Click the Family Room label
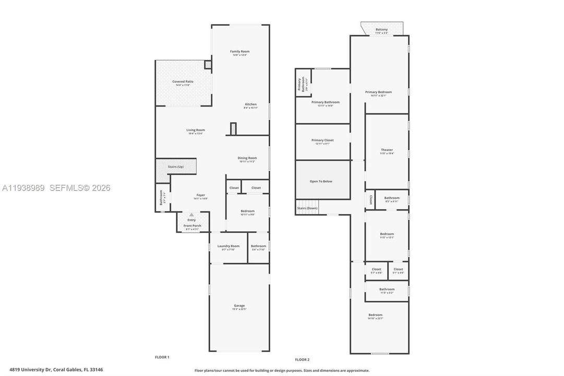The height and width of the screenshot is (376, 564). point(240,51)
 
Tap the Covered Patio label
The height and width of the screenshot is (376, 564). point(183,82)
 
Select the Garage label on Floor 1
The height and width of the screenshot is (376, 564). point(239,305)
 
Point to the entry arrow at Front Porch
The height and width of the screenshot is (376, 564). point(191,215)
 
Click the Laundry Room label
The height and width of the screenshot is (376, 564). point(228,246)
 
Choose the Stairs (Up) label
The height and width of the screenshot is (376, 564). point(175,167)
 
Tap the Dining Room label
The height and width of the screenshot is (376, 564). point(248,158)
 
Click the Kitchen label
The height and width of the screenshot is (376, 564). point(250,104)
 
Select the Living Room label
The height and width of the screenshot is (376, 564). point(196,130)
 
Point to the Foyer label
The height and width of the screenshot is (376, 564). point(200,195)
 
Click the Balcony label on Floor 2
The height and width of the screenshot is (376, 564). point(381,29)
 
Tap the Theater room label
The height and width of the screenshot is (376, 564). point(387,150)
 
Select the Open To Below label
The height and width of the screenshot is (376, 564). point(321,181)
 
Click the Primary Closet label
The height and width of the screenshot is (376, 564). point(322,140)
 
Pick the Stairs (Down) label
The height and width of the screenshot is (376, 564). point(307,208)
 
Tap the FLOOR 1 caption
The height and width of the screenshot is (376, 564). point(162,357)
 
